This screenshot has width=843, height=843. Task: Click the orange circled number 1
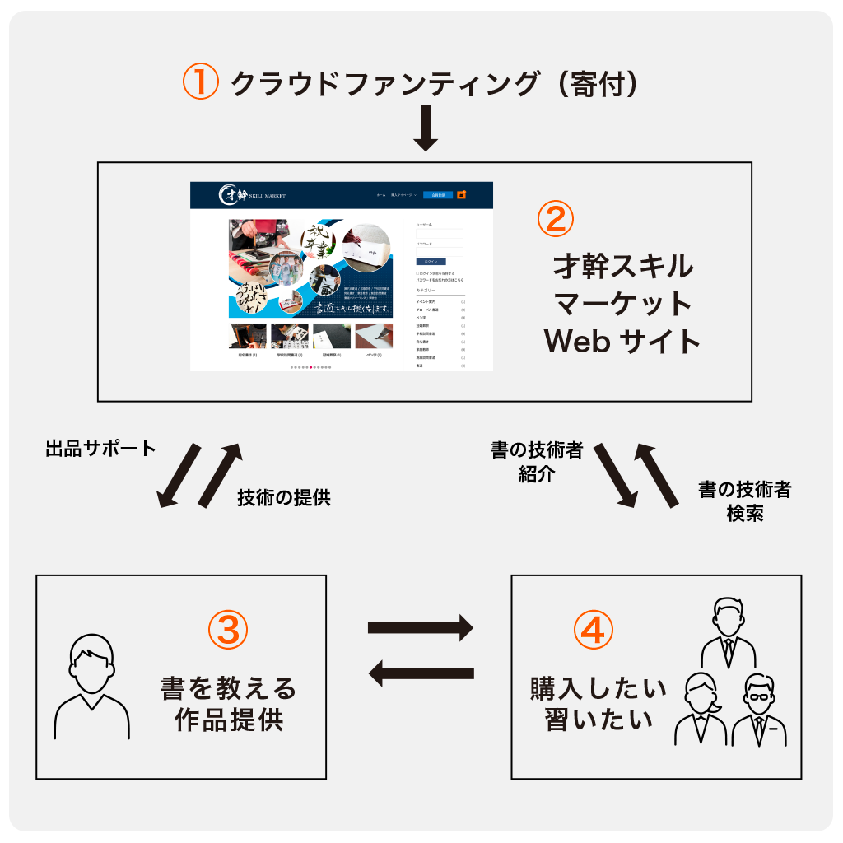[200, 83]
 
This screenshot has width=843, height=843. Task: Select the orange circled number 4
[593, 631]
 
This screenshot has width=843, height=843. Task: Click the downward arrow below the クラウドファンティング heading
[425, 127]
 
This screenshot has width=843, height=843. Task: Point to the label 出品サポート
[100, 449]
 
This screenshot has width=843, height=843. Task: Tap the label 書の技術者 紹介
[537, 462]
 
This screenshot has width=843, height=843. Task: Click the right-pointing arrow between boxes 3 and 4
[420, 628]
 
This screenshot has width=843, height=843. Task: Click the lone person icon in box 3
[91, 687]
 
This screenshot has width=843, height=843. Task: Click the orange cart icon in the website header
[462, 195]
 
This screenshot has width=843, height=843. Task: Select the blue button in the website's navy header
[438, 195]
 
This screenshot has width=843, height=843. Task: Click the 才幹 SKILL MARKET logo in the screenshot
[252, 195]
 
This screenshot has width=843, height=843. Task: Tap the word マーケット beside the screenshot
[622, 304]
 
